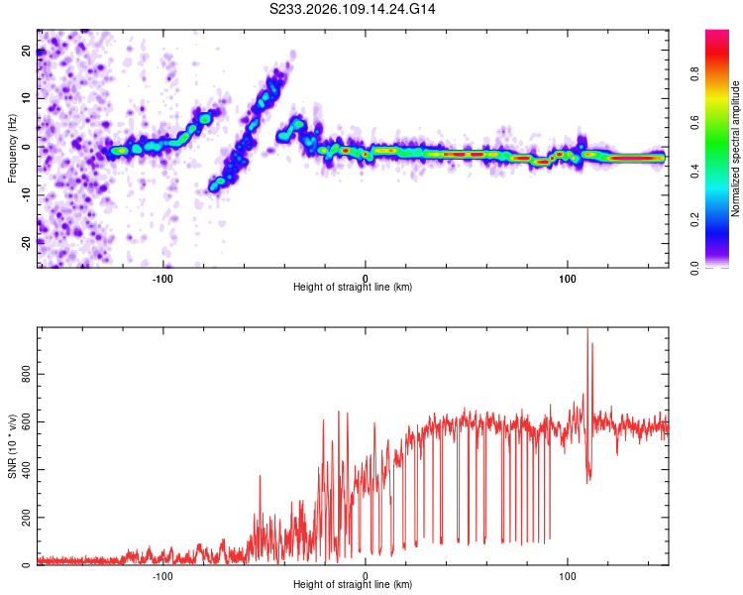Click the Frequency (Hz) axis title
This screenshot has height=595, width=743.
pyautogui.click(x=12, y=149)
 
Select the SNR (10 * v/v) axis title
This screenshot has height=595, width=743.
pyautogui.click(x=12, y=446)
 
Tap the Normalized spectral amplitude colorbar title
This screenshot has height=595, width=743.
pyautogui.click(x=735, y=149)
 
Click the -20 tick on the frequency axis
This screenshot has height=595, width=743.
pyautogui.click(x=27, y=241)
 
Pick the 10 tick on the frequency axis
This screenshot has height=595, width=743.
pyautogui.click(x=27, y=99)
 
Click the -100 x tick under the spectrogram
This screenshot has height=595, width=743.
pyautogui.click(x=163, y=277)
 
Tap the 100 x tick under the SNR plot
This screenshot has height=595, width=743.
pyautogui.click(x=568, y=576)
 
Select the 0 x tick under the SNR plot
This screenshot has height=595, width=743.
pyautogui.click(x=366, y=576)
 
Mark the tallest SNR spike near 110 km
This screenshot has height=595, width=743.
pyautogui.click(x=587, y=330)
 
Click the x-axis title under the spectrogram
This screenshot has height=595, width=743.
pyautogui.click(x=353, y=288)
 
